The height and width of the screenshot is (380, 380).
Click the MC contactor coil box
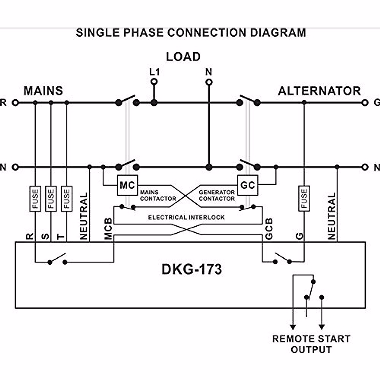127,185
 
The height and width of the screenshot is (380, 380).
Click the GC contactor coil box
247,185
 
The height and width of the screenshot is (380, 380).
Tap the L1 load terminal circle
154,82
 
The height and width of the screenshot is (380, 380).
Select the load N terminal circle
209,82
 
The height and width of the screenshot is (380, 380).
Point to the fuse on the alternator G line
304,199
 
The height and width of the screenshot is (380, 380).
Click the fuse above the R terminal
35,199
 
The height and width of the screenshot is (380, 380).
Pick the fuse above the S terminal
51,199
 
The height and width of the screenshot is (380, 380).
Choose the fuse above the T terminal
66,199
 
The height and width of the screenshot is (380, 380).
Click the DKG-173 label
192,269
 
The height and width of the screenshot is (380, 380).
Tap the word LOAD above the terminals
183,57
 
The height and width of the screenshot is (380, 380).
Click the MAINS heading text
43,91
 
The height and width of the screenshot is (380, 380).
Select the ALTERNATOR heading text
319,91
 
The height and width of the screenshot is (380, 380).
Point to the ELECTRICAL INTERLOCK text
186,218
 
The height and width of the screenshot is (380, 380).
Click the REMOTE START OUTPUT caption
311,344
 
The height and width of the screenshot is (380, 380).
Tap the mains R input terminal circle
15,103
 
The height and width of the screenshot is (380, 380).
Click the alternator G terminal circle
365,103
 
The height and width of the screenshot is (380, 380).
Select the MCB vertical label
108,229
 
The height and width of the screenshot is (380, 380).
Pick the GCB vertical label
269,229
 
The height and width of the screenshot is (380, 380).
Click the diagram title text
191,33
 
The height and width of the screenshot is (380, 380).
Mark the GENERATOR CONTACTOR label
217,195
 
